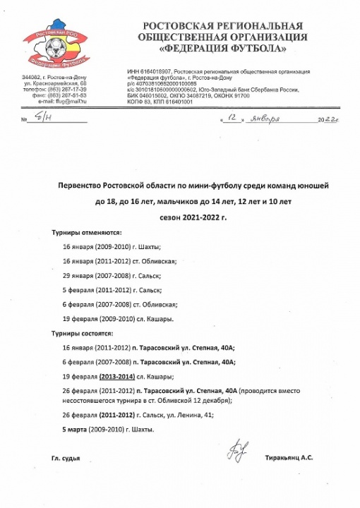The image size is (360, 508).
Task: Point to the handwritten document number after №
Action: pos(43,119)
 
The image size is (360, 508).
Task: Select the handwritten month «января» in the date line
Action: pos(265,119)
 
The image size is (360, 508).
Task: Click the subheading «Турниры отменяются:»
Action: pos(86,231)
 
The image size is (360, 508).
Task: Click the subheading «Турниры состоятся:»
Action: pos(83,332)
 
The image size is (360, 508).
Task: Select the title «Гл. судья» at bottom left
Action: pos(65,458)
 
